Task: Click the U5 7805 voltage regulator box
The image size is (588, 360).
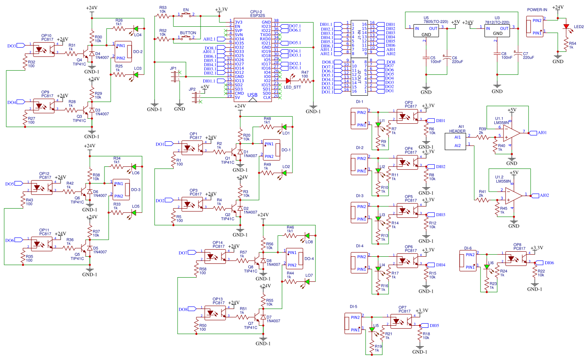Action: point(426,31)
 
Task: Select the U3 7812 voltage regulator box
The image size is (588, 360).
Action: point(497,31)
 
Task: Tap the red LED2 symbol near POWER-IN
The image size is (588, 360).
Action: point(566,26)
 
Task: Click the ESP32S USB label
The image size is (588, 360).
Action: point(252,95)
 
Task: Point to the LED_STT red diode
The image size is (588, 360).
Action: point(288,81)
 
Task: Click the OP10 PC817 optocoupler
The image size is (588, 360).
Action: point(43,49)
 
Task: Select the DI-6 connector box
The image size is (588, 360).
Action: point(468,260)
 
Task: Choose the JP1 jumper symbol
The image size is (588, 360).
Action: point(174,77)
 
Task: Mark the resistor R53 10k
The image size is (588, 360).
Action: point(162,15)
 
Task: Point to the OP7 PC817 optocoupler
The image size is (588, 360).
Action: point(401,321)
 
